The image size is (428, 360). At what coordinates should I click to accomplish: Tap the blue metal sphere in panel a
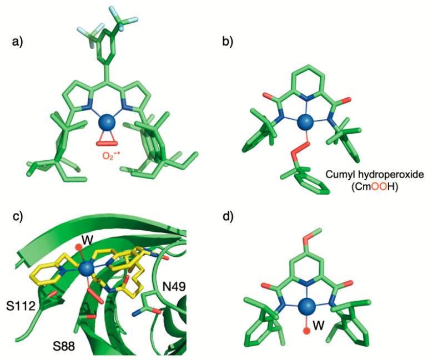click(107, 123)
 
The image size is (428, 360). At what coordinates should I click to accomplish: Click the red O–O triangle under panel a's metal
click(107, 140)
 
